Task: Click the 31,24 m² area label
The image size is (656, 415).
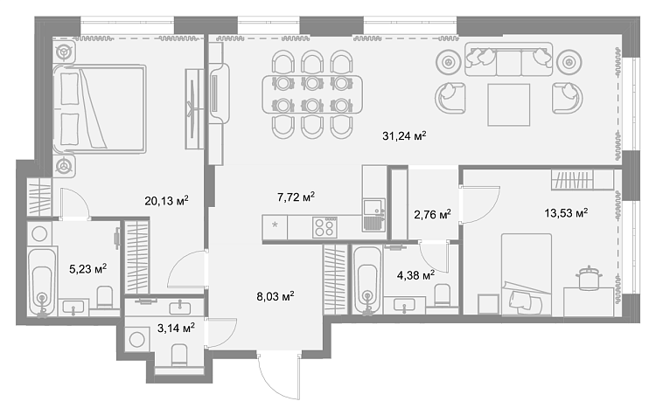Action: pyautogui.click(x=404, y=135)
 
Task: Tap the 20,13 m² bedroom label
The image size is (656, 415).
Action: pyautogui.click(x=166, y=201)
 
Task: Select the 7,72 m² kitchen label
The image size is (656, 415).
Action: pyautogui.click(x=296, y=197)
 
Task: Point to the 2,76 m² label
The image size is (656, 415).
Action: pyautogui.click(x=432, y=214)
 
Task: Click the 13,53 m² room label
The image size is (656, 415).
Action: pyautogui.click(x=566, y=213)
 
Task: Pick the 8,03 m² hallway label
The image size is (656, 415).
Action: pyautogui.click(x=276, y=297)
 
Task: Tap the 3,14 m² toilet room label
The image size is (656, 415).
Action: pyautogui.click(x=176, y=329)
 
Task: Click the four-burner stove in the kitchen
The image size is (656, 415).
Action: pyautogui.click(x=325, y=228)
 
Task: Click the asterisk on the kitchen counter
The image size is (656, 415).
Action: pyautogui.click(x=275, y=225)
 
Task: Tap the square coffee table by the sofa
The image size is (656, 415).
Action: pyautogui.click(x=509, y=105)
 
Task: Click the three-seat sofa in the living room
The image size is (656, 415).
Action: pyautogui.click(x=508, y=59)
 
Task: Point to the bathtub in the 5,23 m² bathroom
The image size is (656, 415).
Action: pyautogui.click(x=42, y=280)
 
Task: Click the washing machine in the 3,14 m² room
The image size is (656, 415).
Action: pyautogui.click(x=137, y=339)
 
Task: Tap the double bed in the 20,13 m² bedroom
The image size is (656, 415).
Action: pyautogui.click(x=100, y=109)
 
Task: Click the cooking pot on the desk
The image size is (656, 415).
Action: pyautogui.click(x=590, y=278)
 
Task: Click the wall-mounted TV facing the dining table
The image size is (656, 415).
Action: pyautogui.click(x=218, y=93)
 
